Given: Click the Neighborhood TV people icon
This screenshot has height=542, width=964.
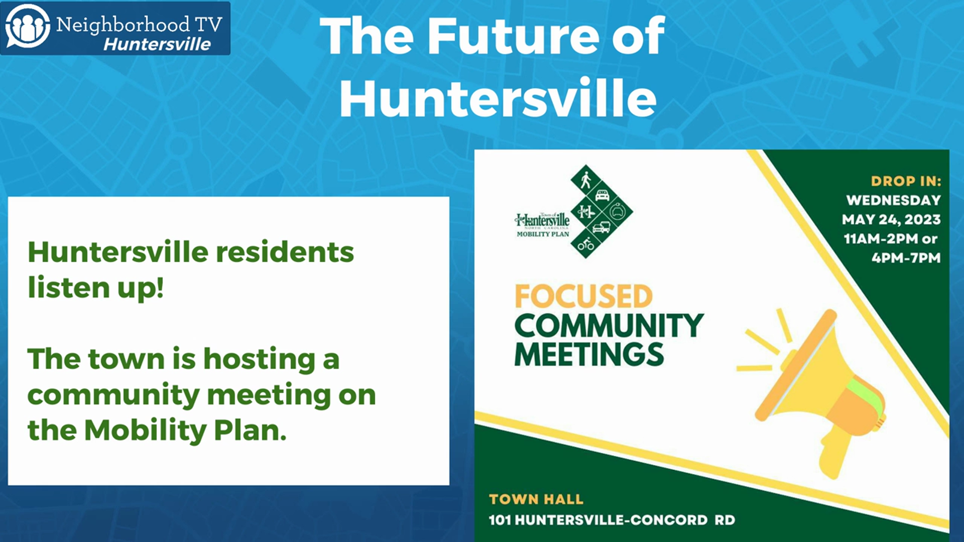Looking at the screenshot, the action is [x=27, y=26].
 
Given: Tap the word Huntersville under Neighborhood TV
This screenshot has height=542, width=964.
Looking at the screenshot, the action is [x=157, y=44].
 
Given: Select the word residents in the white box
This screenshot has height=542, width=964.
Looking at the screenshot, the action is [x=285, y=252].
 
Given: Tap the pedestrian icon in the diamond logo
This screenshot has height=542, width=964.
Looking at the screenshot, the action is [x=585, y=180].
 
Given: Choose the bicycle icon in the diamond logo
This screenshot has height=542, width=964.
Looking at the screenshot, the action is [x=585, y=244].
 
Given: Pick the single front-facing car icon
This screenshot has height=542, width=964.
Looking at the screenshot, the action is [x=602, y=195].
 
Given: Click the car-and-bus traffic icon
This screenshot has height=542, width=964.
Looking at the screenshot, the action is [x=601, y=227].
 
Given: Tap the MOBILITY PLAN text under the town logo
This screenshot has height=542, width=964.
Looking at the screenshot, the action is [x=543, y=234].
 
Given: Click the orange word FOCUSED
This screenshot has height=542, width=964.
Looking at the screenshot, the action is [x=583, y=296].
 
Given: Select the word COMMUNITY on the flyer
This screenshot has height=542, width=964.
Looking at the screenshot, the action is [x=609, y=326].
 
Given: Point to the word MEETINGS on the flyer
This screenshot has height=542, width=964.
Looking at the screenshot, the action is [x=589, y=354].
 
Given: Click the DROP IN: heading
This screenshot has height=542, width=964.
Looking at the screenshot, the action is [x=906, y=181].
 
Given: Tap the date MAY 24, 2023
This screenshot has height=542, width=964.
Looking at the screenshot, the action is [x=891, y=219].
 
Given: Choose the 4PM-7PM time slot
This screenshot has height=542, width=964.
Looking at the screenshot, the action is [x=906, y=258].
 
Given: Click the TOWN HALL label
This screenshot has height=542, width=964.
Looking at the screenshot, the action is [x=536, y=499].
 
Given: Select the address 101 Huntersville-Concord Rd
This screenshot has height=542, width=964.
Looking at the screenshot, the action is [x=612, y=520].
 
